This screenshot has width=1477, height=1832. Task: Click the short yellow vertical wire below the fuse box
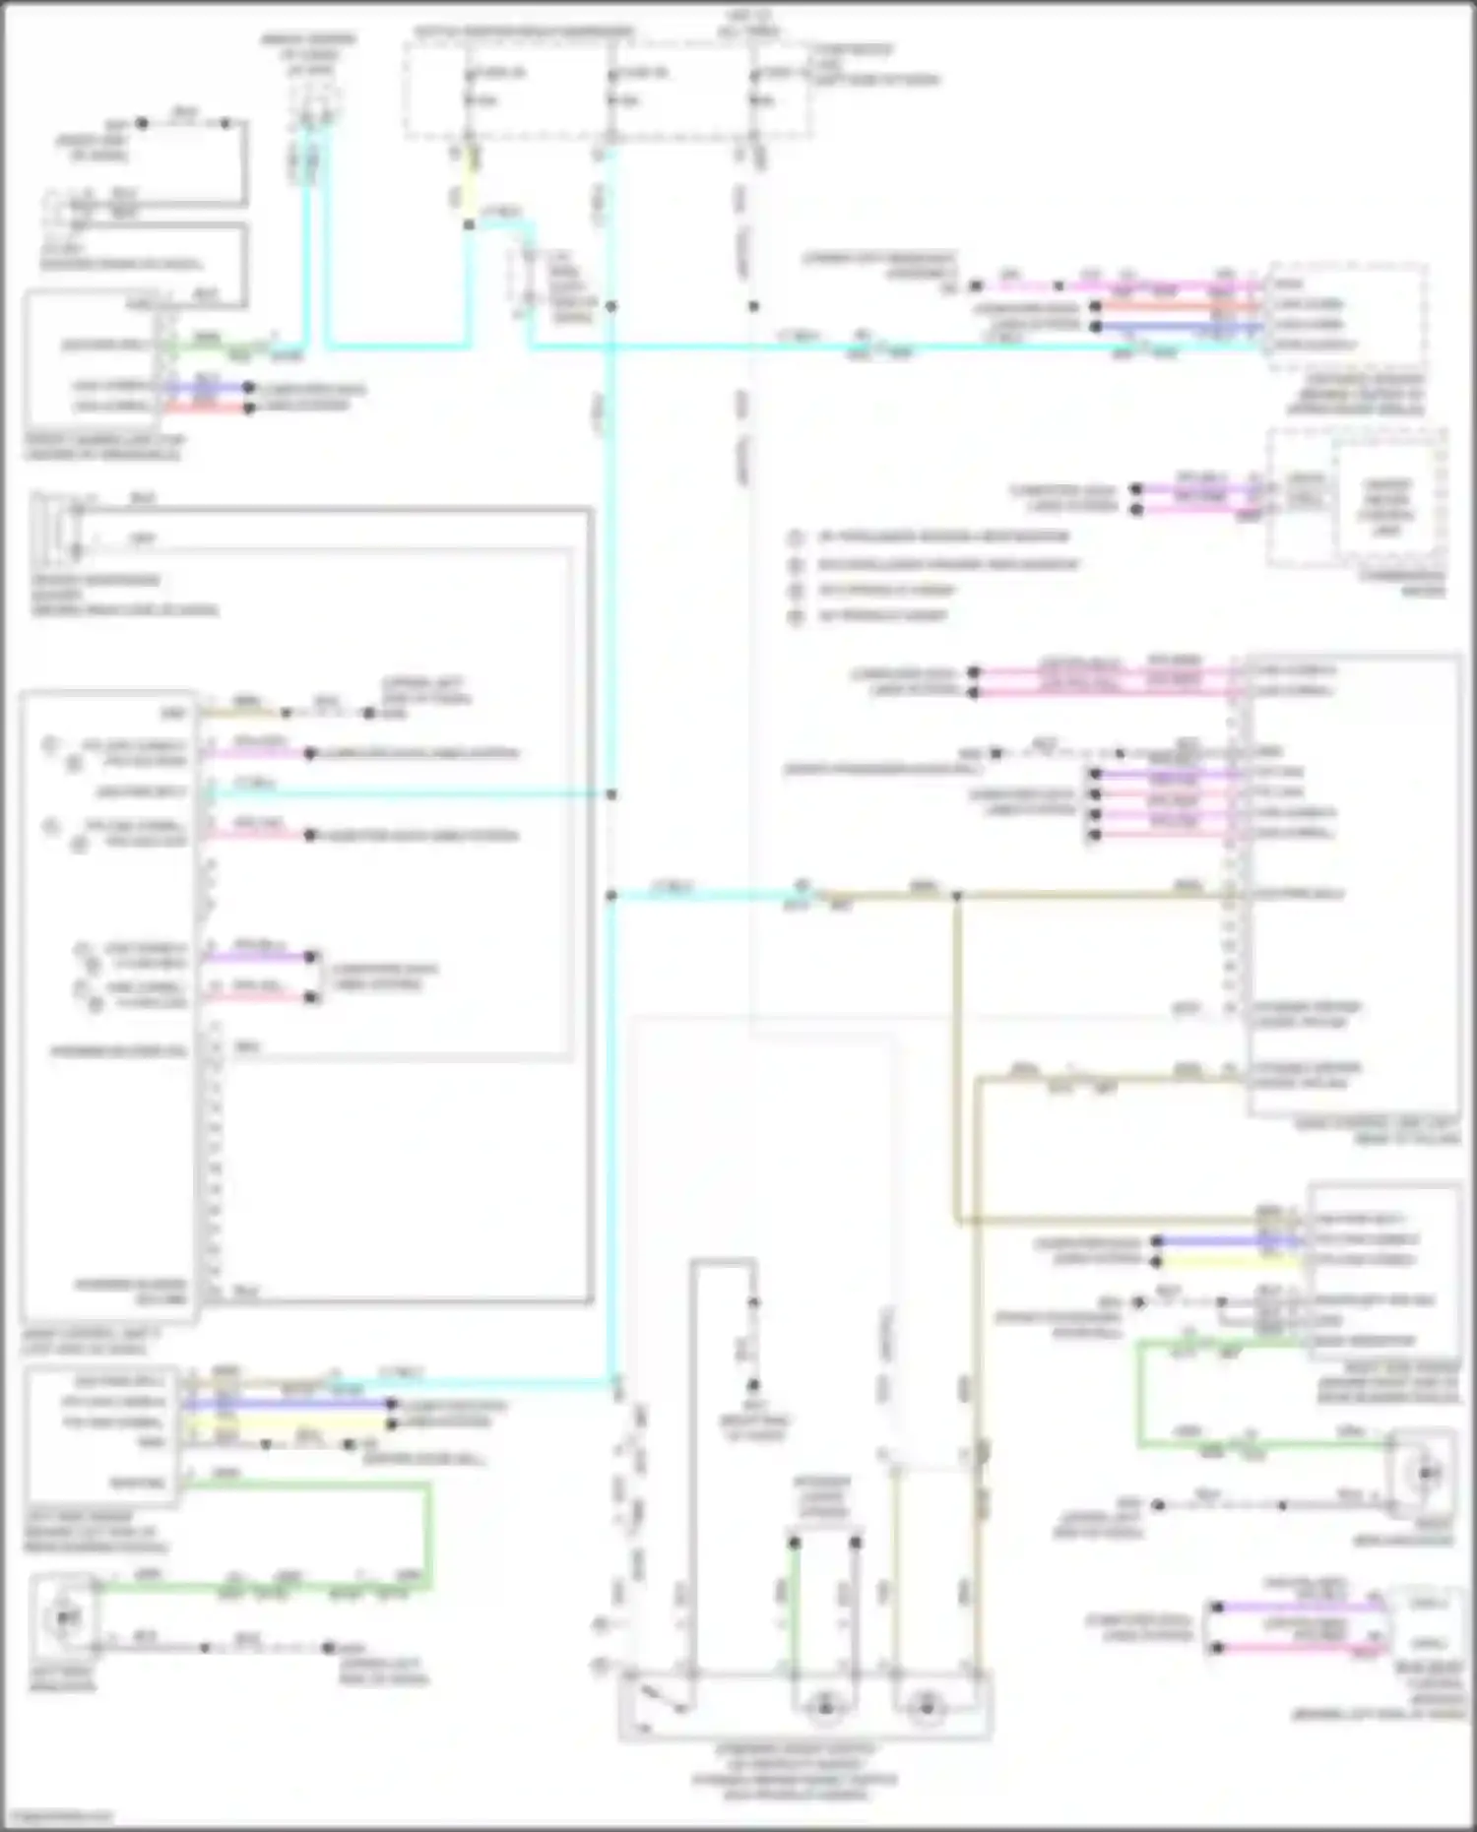coord(472,187)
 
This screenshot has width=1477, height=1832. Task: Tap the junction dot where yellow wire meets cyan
coord(470,224)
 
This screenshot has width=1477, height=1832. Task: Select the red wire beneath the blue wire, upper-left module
coord(207,407)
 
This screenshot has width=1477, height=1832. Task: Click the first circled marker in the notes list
coord(796,537)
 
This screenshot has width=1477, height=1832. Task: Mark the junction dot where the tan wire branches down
coord(956,896)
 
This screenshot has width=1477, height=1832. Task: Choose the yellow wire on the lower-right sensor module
coord(1231,1260)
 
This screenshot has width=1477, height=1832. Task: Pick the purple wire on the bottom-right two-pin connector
coord(1300,1608)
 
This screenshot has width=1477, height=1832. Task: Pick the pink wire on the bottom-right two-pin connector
coord(1300,1646)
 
